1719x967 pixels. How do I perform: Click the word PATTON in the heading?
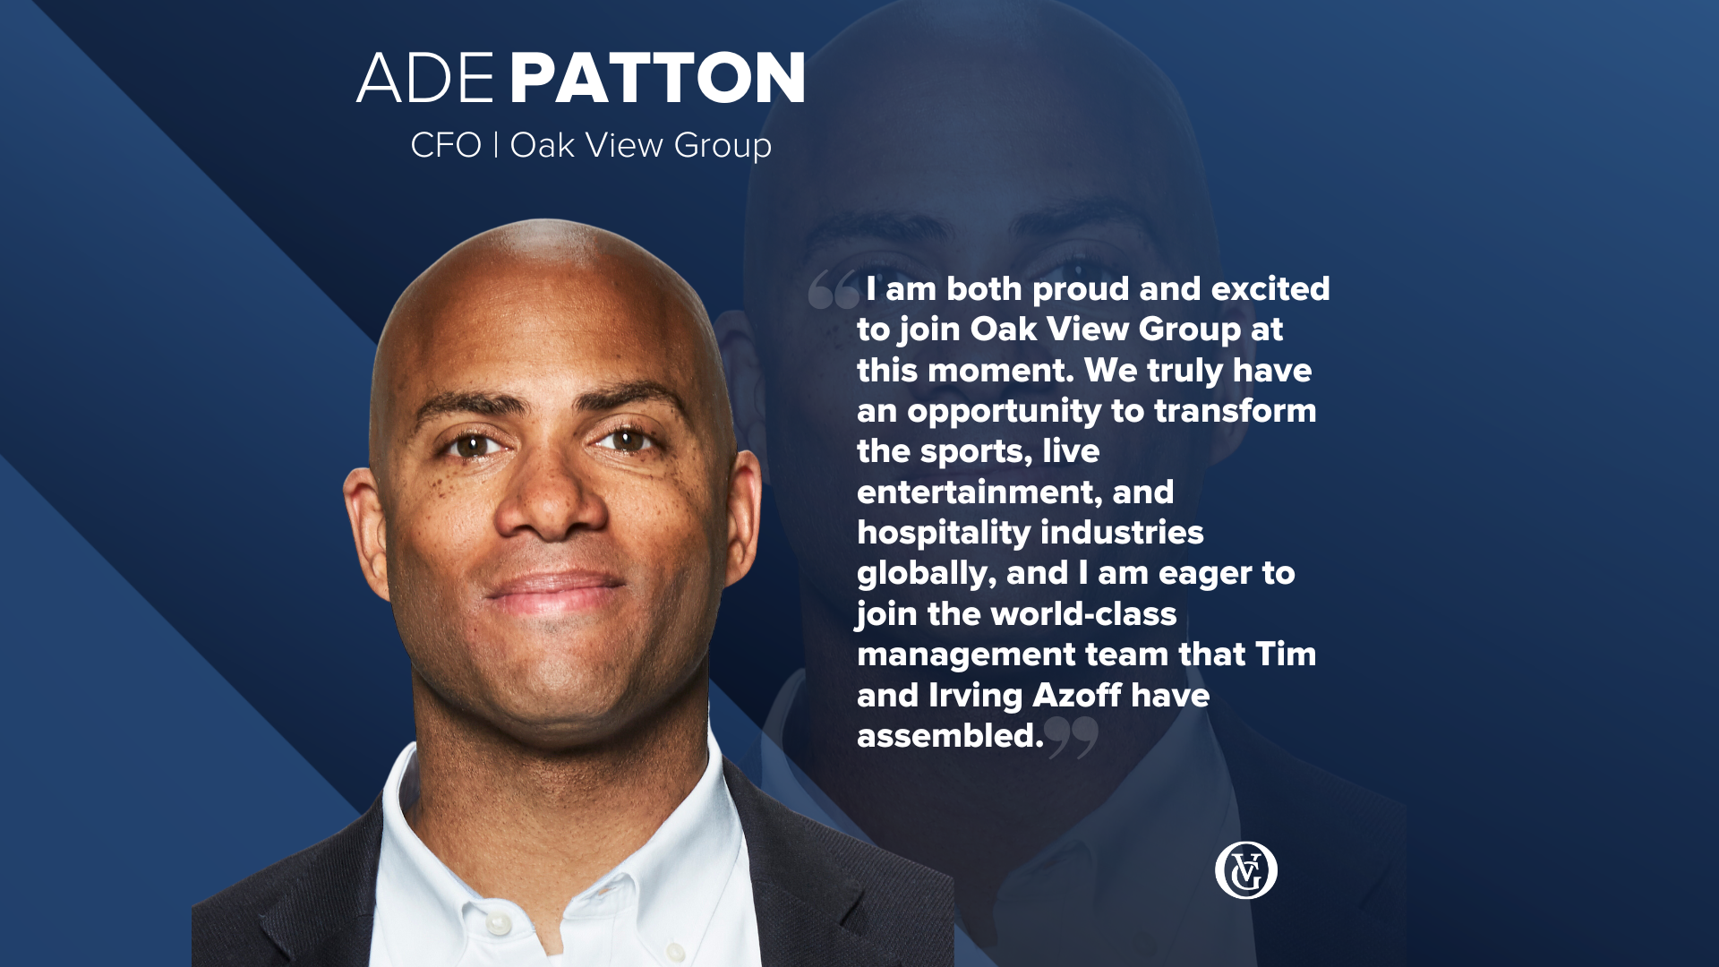point(658,78)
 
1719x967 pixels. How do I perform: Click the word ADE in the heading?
point(425,78)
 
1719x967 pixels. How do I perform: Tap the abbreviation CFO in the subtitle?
point(446,145)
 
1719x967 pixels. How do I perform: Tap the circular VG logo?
point(1245,870)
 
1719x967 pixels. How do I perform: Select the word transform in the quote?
point(1236,411)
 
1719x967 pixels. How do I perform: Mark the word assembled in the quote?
point(950,736)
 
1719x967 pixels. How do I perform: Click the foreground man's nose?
point(551,501)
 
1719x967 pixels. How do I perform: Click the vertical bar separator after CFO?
point(496,145)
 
